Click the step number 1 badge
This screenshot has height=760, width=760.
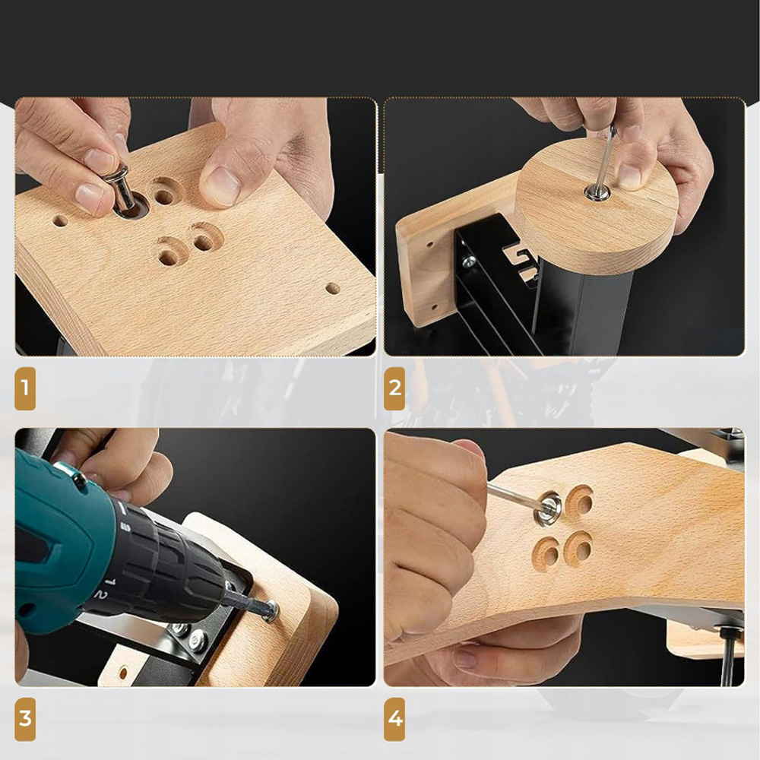point(25,388)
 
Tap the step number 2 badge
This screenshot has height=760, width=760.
point(394,388)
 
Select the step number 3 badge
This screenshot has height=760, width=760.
point(25,719)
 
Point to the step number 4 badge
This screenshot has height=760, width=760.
point(394,719)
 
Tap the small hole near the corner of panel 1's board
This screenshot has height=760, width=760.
point(333,288)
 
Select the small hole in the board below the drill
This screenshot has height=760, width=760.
point(123,673)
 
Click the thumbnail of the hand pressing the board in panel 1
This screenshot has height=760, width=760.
point(220,180)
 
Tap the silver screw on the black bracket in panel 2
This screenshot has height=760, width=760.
point(468,263)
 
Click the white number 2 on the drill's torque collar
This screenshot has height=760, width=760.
point(101,594)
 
